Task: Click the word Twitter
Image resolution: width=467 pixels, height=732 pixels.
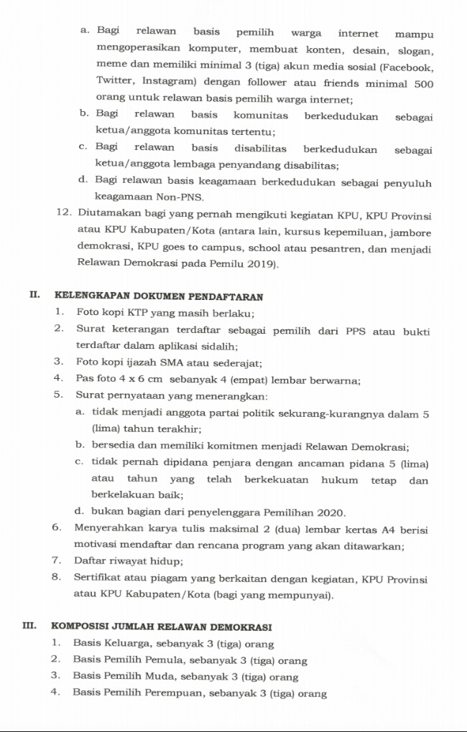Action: tap(115, 83)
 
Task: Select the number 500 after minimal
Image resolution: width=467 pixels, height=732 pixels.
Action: tap(424, 83)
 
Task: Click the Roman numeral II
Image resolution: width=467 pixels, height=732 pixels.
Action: tap(34, 296)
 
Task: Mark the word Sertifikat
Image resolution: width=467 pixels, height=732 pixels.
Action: tap(98, 578)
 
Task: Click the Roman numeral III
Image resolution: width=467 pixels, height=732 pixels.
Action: tap(31, 627)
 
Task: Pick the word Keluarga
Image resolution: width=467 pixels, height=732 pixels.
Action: tap(128, 644)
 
